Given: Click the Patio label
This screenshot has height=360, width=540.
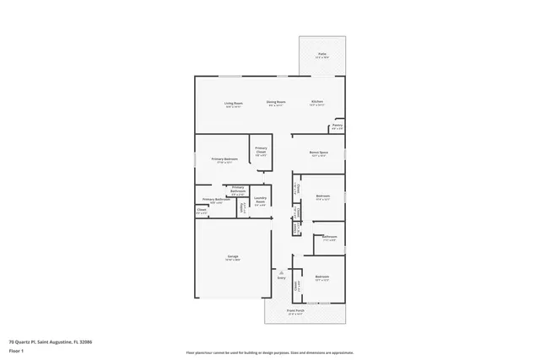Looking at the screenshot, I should [x=322, y=56].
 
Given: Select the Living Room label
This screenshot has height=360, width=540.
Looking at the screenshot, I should [x=233, y=103].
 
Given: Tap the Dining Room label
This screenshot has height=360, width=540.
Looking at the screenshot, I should [x=275, y=102].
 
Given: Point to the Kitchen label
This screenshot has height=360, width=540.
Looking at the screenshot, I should [x=316, y=102].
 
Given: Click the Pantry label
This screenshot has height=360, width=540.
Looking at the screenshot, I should [x=337, y=125].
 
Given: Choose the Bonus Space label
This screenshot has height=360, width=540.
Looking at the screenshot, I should [x=319, y=153].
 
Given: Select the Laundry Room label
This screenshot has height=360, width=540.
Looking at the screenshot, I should [x=261, y=201].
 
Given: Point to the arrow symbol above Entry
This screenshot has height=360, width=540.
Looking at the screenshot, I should [x=281, y=271].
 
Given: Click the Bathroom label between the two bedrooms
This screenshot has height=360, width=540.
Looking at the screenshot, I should [x=329, y=237].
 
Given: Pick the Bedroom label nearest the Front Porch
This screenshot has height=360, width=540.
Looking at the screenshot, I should [x=321, y=277].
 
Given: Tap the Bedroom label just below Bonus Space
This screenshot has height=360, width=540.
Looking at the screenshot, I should [x=322, y=196].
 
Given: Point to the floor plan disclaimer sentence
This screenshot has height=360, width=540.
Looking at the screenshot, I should [x=269, y=352].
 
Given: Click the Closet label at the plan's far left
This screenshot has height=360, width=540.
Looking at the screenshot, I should [x=201, y=212].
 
